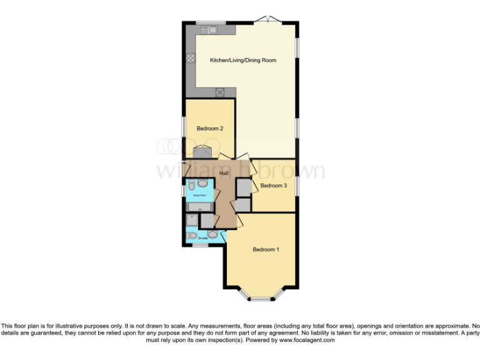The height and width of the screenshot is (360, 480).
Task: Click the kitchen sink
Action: pos(207,29)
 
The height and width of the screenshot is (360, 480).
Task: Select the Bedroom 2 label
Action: pos(210,129)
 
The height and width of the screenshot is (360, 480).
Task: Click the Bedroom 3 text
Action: pos(274,186)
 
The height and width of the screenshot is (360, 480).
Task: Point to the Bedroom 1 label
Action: pos(266,250)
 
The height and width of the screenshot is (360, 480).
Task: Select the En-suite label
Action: pos(203,238)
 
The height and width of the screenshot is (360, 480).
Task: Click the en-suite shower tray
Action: pos(192,220)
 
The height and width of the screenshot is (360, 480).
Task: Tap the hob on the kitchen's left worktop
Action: pos(191,59)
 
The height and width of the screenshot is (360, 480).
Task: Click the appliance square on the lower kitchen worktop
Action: pos(220,92)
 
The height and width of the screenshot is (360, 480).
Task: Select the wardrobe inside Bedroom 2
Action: pos(202,152)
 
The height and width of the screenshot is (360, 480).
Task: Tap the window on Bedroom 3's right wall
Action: pos(297,186)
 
